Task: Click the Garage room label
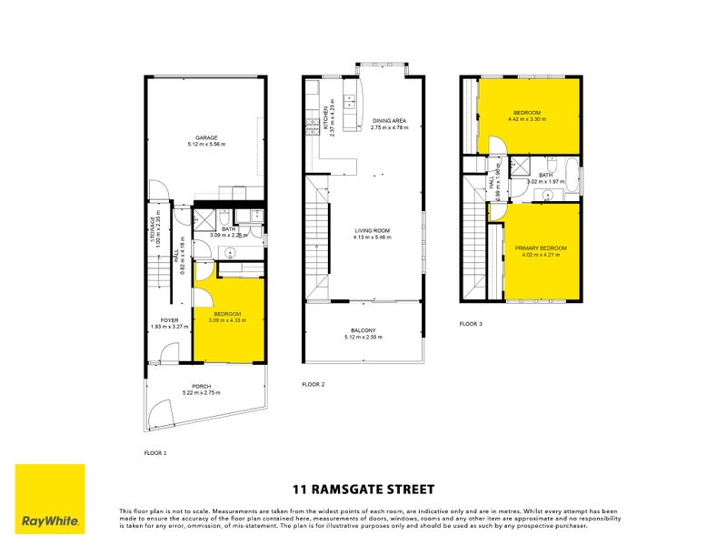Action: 204,138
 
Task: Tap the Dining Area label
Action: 388,120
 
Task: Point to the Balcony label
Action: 363,330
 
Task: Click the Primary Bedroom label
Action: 541,248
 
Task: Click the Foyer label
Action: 169,320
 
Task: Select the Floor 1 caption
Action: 155,452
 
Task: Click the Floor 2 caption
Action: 313,384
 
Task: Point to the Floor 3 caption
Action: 471,323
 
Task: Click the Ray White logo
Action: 50,500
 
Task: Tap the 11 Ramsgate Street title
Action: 363,489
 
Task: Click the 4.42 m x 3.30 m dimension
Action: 525,119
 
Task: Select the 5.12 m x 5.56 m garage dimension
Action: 204,145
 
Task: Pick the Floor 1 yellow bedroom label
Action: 226,314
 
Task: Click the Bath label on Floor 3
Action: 546,175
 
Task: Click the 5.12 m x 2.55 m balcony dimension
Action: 363,337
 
